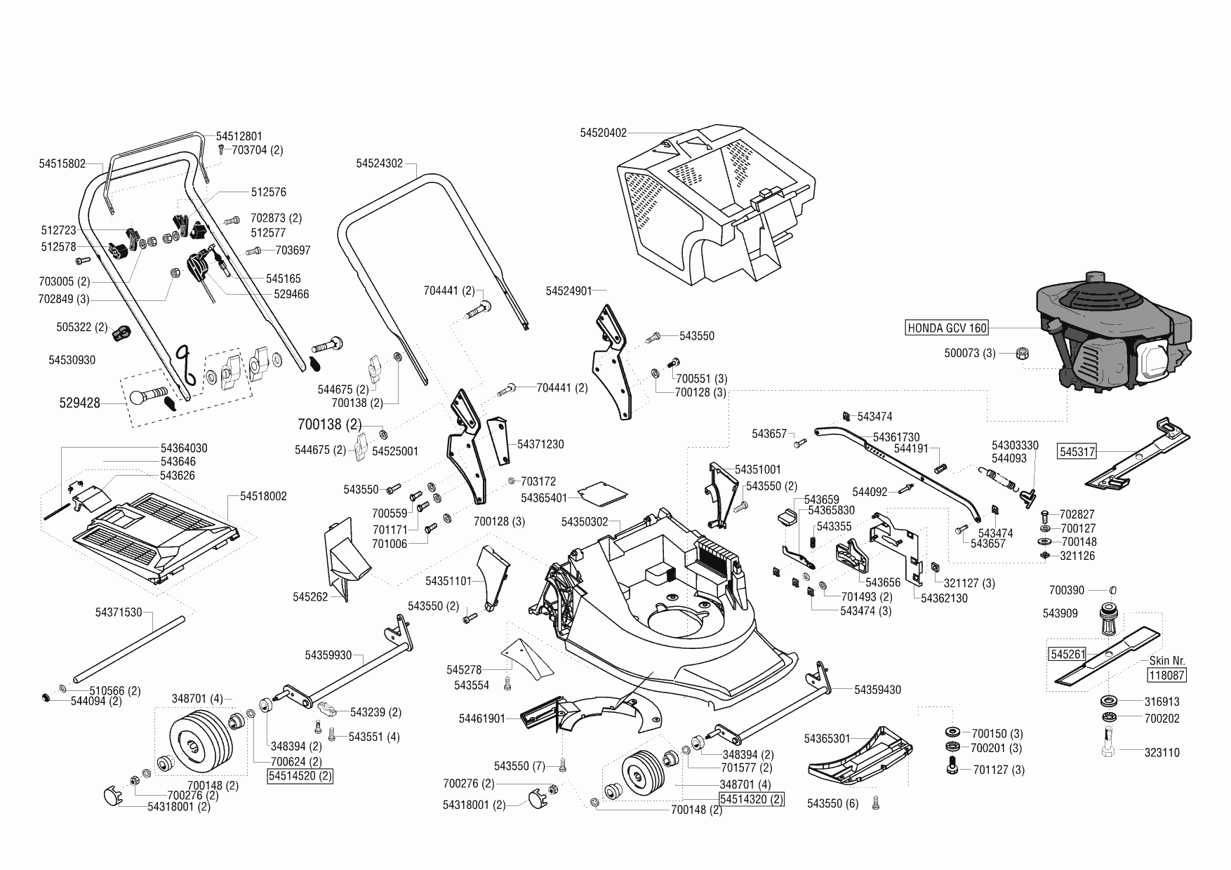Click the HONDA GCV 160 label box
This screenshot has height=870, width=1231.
tap(947, 328)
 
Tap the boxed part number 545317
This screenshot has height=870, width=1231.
tap(1077, 453)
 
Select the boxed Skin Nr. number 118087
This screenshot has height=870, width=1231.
tap(1166, 676)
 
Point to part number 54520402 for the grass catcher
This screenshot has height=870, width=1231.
tap(603, 133)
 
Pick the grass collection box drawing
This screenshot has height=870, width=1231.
tap(716, 203)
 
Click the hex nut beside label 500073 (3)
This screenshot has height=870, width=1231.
tap(1023, 353)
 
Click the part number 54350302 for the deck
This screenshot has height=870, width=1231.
tap(585, 522)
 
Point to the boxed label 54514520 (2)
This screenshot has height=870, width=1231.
tap(300, 776)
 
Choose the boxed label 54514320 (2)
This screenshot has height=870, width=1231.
tap(751, 799)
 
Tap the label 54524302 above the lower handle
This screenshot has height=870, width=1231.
tap(379, 163)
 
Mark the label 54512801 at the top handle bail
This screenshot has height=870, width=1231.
tap(239, 136)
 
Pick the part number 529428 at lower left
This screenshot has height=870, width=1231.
tap(79, 403)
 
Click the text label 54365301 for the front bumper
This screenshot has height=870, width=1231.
tap(827, 739)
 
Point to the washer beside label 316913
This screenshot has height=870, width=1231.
tap(1110, 700)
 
